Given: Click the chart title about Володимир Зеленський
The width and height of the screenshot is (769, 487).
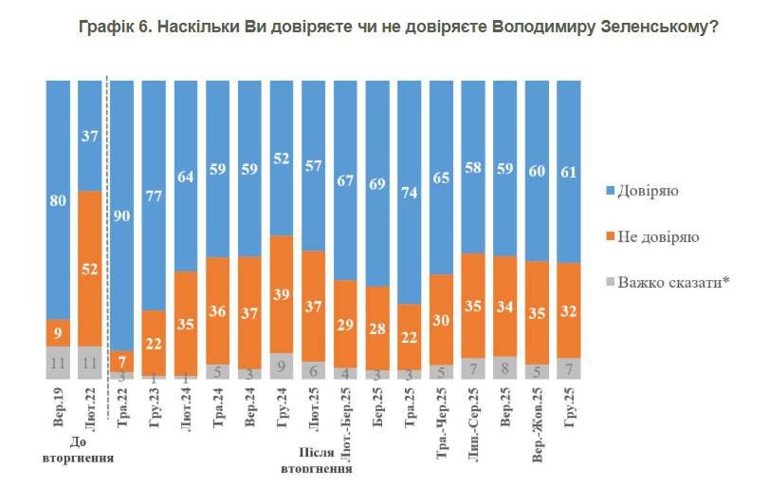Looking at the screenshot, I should [x=398, y=28].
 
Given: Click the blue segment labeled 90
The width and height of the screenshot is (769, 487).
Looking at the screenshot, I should [x=122, y=214].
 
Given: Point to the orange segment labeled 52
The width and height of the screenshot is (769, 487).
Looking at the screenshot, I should [x=90, y=269].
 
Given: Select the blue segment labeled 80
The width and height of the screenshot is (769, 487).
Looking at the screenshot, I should [x=58, y=199].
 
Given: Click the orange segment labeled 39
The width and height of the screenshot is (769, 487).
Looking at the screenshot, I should [x=282, y=294].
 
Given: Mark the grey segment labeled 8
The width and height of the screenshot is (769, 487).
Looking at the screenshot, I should [x=504, y=366].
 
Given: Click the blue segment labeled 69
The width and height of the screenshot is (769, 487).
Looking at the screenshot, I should [x=377, y=184].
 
